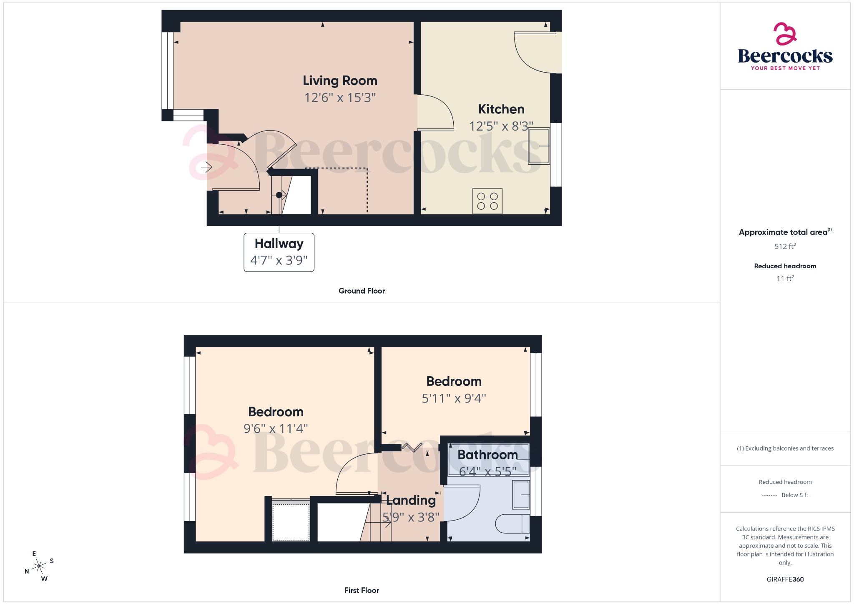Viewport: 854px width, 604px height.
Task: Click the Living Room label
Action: (x=340, y=81)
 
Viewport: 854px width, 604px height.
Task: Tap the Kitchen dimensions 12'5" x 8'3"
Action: (x=501, y=126)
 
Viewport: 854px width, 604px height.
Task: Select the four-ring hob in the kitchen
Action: (x=487, y=201)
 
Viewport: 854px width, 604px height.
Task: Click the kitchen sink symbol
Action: (x=539, y=146)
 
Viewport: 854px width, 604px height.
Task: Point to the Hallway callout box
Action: (x=279, y=252)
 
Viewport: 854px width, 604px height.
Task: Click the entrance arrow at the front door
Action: (x=206, y=167)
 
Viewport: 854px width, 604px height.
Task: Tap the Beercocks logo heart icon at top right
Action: (x=785, y=34)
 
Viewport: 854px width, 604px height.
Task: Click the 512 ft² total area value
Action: (x=785, y=246)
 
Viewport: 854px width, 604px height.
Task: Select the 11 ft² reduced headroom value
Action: (x=785, y=278)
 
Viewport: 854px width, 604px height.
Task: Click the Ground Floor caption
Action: (x=362, y=291)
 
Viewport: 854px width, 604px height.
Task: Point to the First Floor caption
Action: (x=362, y=590)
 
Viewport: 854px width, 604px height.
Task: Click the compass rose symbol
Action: (x=40, y=566)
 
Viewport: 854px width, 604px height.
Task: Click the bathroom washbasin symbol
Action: (x=521, y=495)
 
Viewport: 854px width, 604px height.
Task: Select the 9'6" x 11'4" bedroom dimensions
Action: (x=276, y=428)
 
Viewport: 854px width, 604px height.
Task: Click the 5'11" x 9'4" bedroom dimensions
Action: (x=454, y=398)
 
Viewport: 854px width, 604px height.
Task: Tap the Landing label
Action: (x=411, y=500)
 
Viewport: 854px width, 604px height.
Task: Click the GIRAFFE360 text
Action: (x=785, y=579)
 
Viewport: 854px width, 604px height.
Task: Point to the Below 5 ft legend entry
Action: (x=794, y=495)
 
